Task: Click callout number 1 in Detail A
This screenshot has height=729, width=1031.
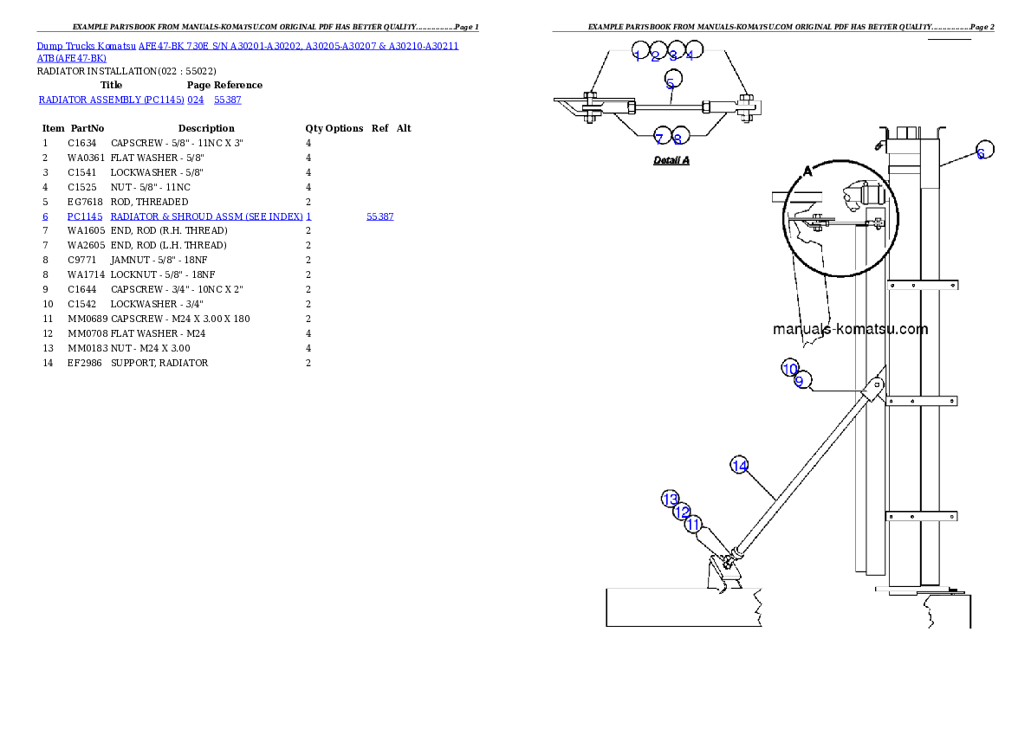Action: pos(638,55)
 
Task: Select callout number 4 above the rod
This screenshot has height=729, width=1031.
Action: pos(691,55)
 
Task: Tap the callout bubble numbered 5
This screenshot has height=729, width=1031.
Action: pos(671,83)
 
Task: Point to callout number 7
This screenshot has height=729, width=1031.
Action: pos(659,139)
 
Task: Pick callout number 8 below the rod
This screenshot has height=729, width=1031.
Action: pos(678,139)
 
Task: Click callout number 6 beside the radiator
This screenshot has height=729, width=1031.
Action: pos(981,153)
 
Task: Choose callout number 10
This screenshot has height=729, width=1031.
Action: pos(789,369)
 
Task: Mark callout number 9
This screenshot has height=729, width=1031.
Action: pos(800,381)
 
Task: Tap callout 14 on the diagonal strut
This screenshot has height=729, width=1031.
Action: pos(739,466)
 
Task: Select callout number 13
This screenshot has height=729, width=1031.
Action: pos(671,500)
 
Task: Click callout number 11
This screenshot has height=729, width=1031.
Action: pos(693,524)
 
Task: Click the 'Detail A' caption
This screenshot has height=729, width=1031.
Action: pos(671,160)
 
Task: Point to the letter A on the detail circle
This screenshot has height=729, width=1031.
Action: pos(807,171)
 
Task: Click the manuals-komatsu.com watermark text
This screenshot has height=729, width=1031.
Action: pos(838,329)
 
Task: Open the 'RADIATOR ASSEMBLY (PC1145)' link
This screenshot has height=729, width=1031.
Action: pos(110,100)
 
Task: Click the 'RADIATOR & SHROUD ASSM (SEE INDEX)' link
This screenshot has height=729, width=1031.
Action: pos(206,216)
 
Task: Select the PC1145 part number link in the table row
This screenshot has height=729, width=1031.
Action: pos(85,216)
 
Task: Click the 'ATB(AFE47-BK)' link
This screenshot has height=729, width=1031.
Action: pos(72,59)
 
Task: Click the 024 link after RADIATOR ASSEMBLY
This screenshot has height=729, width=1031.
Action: pos(196,100)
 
